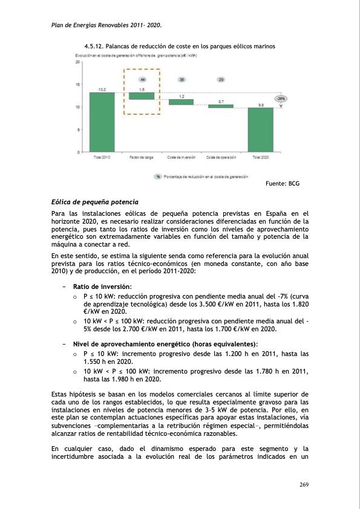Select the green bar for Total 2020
point(260,129)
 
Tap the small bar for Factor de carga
point(142,96)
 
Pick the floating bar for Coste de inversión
point(181,102)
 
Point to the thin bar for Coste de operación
point(221,106)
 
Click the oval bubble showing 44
point(142,80)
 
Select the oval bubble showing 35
point(182,80)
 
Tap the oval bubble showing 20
point(221,80)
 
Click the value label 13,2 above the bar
point(102,89)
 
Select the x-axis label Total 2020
point(260,158)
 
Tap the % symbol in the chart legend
point(158,177)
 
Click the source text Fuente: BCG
point(283,183)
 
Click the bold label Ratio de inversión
point(102,286)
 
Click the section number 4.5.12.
point(93,47)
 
